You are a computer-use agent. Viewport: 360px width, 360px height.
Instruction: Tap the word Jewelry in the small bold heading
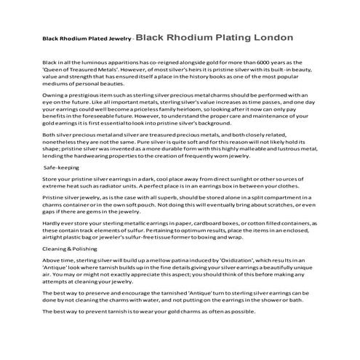pos(109,39)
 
